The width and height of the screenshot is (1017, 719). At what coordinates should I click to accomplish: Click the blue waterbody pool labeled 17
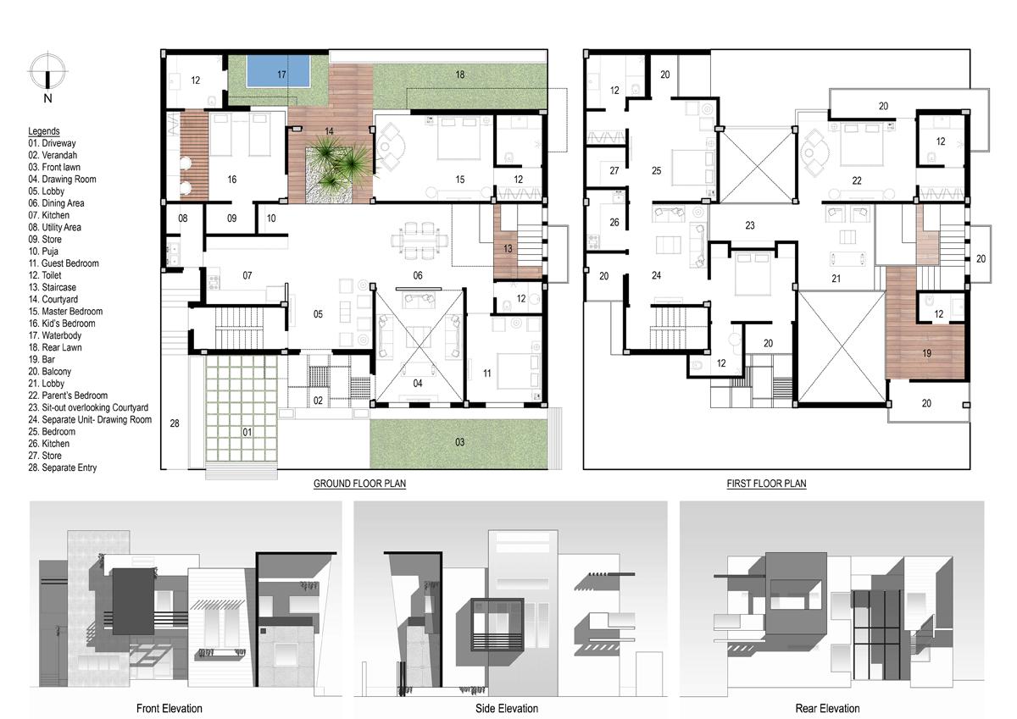(x=278, y=71)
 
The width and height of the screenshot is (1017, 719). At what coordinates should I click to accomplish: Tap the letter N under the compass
(x=47, y=98)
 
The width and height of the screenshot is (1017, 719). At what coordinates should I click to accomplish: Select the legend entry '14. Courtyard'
(x=53, y=300)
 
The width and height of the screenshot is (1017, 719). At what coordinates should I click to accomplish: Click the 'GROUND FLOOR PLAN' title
(x=359, y=484)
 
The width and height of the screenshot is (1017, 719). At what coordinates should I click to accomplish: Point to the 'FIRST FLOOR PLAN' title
(x=766, y=484)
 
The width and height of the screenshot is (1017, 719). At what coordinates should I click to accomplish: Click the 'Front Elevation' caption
(x=169, y=708)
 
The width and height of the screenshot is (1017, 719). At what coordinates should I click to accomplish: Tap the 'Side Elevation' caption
(x=507, y=708)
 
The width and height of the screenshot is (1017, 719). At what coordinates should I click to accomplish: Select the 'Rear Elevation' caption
(x=827, y=708)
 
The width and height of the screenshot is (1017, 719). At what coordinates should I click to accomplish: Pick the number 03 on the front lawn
(x=459, y=442)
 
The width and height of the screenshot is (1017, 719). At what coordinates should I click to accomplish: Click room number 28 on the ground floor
(x=175, y=423)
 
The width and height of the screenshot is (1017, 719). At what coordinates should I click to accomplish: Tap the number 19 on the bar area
(x=926, y=353)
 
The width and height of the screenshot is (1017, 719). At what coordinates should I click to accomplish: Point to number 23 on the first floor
(x=749, y=225)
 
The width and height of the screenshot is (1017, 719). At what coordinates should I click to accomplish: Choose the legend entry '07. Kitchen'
(x=49, y=215)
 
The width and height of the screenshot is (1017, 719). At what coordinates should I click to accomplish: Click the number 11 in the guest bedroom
(x=486, y=373)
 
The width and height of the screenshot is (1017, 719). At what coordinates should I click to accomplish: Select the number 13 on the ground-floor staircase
(x=508, y=249)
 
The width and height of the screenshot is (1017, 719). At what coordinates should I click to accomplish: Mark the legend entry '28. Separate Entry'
(x=63, y=467)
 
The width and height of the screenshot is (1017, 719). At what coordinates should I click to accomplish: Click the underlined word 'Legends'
(x=44, y=131)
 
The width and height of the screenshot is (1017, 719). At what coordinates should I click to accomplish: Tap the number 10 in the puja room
(x=271, y=218)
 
